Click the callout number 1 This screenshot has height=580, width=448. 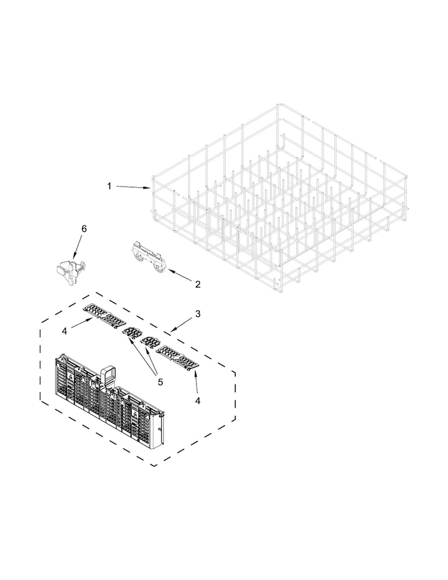109,186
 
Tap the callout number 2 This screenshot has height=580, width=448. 197,284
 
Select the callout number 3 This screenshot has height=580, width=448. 198,313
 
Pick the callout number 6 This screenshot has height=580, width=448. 84,229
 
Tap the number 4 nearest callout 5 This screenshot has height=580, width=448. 198,400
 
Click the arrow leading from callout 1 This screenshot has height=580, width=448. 133,187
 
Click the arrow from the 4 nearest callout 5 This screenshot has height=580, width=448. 196,380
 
